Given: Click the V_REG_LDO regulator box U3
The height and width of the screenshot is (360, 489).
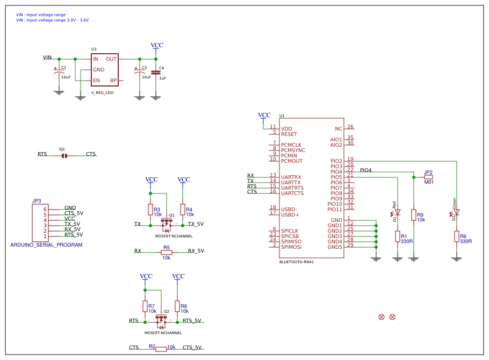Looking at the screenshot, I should pyautogui.click(x=104, y=69).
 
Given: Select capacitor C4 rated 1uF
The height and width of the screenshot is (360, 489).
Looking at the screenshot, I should pyautogui.click(x=156, y=72).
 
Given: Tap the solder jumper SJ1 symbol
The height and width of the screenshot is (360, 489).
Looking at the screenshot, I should pyautogui.click(x=64, y=155).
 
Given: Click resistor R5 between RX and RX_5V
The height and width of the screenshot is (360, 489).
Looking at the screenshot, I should pyautogui.click(x=167, y=252).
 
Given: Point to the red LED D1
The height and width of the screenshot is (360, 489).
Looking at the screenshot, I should pyautogui.click(x=397, y=213).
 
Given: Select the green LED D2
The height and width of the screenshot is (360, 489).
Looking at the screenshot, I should pyautogui.click(x=456, y=213).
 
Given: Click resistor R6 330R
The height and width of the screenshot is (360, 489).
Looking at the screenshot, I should pyautogui.click(x=456, y=236).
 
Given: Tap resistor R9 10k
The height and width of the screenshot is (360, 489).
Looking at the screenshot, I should pyautogui.click(x=413, y=215).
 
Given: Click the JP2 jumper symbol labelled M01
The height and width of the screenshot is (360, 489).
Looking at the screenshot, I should pyautogui.click(x=428, y=177).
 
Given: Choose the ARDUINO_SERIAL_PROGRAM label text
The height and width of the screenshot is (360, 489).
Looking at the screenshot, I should pyautogui.click(x=46, y=244).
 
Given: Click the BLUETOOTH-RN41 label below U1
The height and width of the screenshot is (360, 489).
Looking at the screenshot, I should pyautogui.click(x=296, y=262).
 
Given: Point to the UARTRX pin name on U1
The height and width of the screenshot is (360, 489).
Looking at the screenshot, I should pyautogui.click(x=291, y=177).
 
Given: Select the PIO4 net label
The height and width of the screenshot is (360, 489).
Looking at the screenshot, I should pyautogui.click(x=365, y=170).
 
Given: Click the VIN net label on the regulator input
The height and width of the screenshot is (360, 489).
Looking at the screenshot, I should pyautogui.click(x=47, y=57).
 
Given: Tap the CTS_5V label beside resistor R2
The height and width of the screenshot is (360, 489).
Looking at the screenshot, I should pyautogui.click(x=192, y=348).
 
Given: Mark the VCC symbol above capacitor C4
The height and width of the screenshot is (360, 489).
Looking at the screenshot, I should pyautogui.click(x=156, y=46).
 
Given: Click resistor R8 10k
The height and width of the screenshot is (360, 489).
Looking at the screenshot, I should pyautogui.click(x=177, y=306).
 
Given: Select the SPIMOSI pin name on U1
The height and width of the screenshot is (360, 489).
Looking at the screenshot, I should pyautogui.click(x=291, y=247).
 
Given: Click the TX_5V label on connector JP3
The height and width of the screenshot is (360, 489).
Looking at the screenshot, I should pyautogui.click(x=72, y=224).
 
